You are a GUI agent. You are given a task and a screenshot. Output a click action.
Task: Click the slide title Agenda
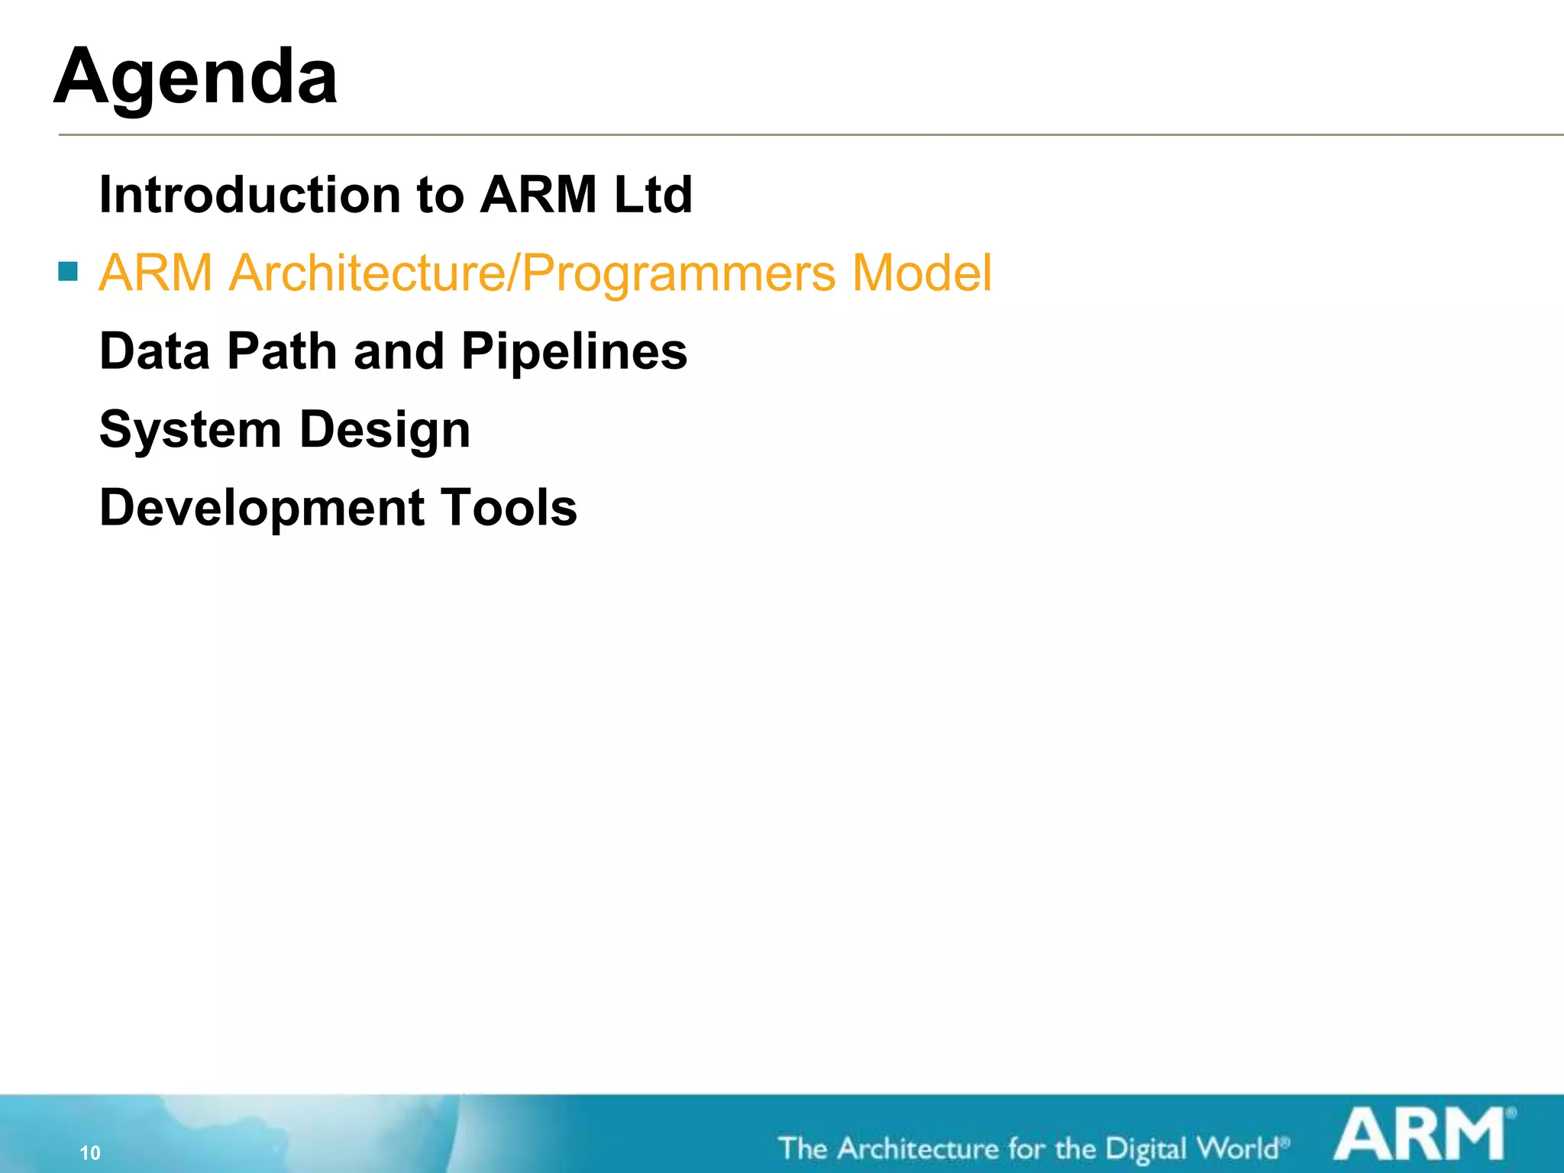pyautogui.click(x=195, y=78)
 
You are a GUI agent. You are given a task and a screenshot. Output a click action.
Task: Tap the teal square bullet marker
pyautogui.click(x=68, y=271)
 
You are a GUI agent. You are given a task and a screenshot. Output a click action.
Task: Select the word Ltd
pyautogui.click(x=653, y=195)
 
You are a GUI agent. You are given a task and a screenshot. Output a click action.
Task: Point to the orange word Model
pyautogui.click(x=922, y=273)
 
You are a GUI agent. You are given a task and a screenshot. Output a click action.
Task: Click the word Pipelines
pyautogui.click(x=574, y=352)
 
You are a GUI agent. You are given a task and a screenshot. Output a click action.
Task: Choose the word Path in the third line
pyautogui.click(x=283, y=351)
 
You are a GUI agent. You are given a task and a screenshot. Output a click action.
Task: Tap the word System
pyautogui.click(x=190, y=430)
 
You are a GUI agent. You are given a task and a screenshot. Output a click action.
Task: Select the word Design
pyautogui.click(x=385, y=430)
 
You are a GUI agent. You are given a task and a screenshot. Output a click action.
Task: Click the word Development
pyautogui.click(x=262, y=509)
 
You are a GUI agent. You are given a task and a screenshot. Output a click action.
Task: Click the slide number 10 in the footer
pyautogui.click(x=90, y=1152)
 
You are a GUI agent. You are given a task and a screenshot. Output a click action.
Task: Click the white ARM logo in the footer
pyautogui.click(x=1421, y=1135)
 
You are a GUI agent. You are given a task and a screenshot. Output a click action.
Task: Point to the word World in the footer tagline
pyautogui.click(x=1237, y=1148)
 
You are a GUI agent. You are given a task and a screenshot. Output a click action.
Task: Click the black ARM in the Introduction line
pyautogui.click(x=538, y=195)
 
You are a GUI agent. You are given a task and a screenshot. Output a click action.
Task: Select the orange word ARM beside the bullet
pyautogui.click(x=156, y=273)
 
